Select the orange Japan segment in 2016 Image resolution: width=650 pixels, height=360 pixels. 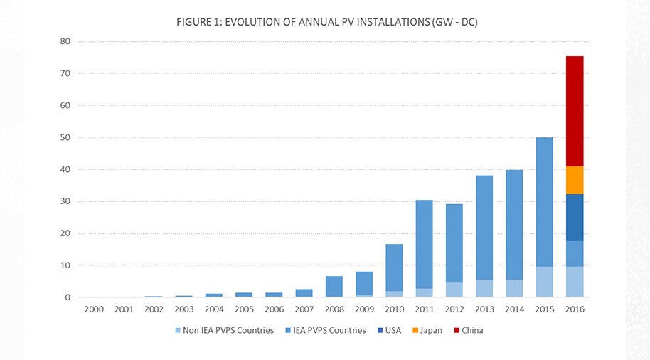click(575, 180)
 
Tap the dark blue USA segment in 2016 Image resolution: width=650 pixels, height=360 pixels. click(575, 217)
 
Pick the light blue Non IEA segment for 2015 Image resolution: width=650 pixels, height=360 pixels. click(544, 282)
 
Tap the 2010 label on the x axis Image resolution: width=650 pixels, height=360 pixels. click(394, 310)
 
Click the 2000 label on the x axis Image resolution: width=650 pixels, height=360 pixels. click(93, 310)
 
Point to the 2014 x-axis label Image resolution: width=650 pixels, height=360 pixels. click(514, 310)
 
